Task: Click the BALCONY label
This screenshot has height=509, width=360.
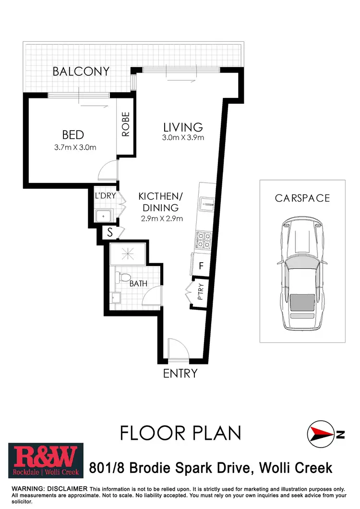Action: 81,72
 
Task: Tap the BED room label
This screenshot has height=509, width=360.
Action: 73,134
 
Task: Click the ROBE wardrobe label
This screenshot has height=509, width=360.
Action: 126,124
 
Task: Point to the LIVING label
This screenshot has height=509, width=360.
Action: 183,127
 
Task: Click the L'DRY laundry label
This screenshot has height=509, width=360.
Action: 103,196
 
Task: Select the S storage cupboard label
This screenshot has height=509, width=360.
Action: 110,233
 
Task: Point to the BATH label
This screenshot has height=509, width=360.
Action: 138,284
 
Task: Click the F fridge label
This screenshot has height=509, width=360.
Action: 202,265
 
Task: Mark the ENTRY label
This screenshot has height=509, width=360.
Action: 180,373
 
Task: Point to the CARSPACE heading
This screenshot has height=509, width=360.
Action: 302,198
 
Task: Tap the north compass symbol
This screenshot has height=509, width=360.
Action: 321,434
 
